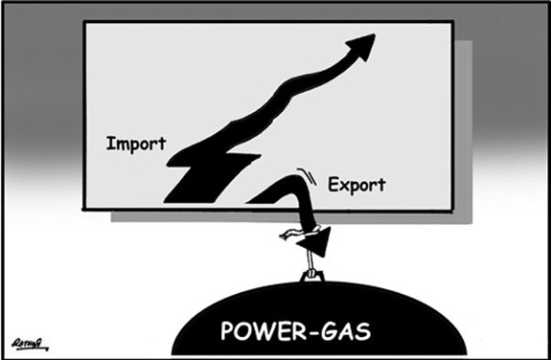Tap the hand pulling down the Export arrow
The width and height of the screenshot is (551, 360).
(x=290, y=235)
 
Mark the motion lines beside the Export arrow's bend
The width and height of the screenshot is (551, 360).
(x=305, y=175)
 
